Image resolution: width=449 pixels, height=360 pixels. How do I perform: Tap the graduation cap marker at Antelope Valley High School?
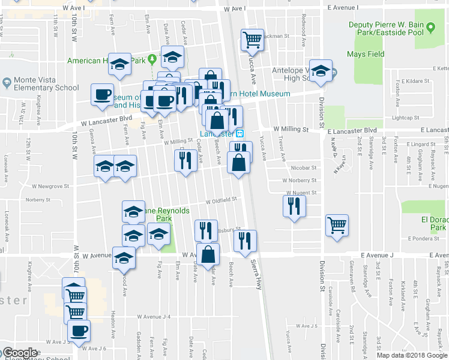[321, 70]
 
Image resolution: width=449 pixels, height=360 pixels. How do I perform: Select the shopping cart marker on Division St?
[337, 226]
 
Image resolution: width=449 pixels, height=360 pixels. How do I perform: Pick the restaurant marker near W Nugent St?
[294, 206]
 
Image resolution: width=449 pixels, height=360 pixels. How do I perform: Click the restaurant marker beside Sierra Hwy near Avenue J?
[244, 241]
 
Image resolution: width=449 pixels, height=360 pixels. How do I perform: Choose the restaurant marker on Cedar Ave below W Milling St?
[185, 160]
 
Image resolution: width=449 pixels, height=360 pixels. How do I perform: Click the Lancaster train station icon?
[240, 133]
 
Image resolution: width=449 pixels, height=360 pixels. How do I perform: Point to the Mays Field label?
[366, 54]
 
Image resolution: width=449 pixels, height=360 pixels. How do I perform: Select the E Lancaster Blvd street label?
[352, 130]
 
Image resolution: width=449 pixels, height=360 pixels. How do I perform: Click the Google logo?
[19, 353]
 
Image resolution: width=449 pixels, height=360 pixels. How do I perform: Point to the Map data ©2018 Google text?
[411, 355]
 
